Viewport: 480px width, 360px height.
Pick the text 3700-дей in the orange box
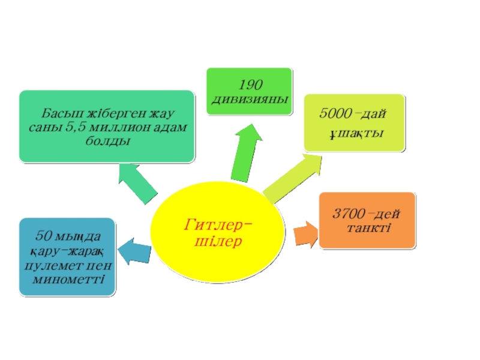click(x=367, y=214)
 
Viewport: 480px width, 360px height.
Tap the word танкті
click(x=367, y=227)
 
